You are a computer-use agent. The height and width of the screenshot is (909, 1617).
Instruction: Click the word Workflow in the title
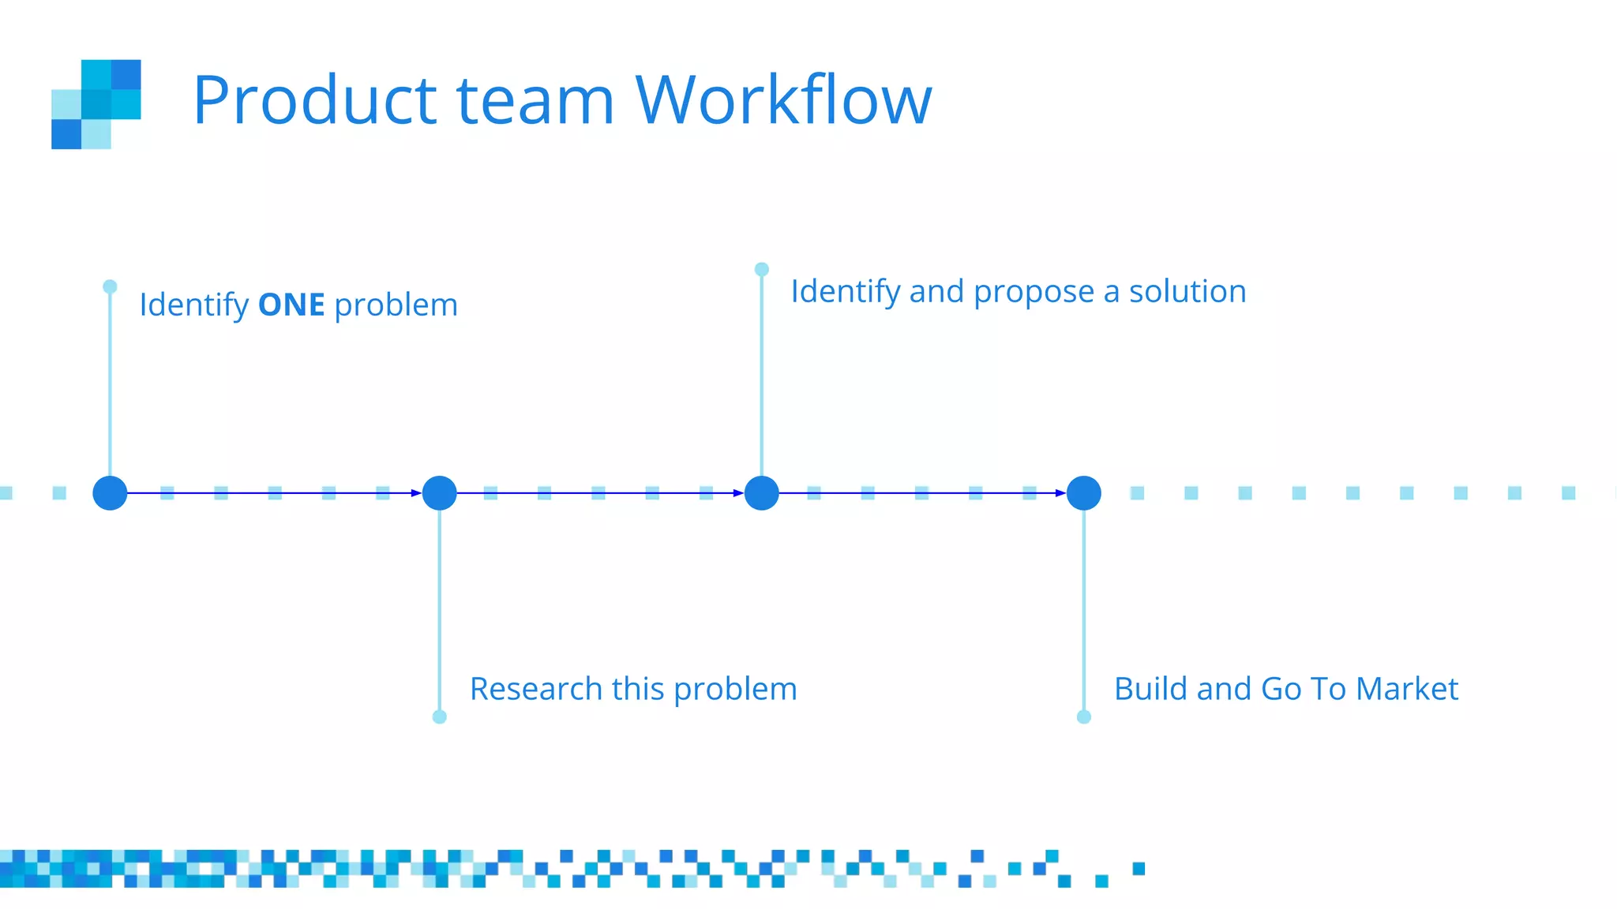point(783,100)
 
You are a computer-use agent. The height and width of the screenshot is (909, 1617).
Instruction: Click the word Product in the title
point(314,100)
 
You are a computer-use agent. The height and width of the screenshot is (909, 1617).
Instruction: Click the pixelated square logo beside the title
point(96,104)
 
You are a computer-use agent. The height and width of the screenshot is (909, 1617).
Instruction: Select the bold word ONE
point(291,305)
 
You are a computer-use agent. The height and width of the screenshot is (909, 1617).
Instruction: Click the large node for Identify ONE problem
point(110,493)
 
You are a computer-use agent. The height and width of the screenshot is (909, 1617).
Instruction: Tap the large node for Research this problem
point(440,493)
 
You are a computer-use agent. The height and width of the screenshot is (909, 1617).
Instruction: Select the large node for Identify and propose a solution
point(762,493)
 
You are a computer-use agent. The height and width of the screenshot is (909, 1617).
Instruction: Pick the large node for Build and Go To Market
point(1084,493)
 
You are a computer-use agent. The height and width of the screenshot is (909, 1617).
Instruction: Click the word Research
point(536,689)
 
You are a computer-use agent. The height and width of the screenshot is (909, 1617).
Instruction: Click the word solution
point(1187,291)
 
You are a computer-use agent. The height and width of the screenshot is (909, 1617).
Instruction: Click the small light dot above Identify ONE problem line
point(110,286)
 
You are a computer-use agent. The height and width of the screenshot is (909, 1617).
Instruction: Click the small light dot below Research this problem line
point(440,716)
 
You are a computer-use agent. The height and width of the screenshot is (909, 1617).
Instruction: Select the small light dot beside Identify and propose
point(762,269)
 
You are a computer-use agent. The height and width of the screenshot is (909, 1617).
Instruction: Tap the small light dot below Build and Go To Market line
point(1084,716)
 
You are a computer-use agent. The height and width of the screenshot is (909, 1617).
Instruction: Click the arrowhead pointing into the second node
point(416,493)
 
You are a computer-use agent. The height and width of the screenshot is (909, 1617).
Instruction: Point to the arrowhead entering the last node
point(1060,493)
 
